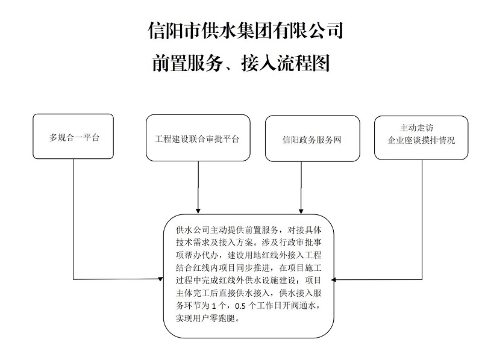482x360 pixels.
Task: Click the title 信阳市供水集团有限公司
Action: tap(245, 30)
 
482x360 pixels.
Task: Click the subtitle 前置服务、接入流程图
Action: tap(242, 63)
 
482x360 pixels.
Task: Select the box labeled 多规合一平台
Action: tap(74, 137)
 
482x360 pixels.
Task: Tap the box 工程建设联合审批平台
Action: tap(198, 138)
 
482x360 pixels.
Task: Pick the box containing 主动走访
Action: tap(421, 138)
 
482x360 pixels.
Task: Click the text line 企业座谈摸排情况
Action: tap(421, 140)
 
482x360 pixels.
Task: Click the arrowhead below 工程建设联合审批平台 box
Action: tap(198, 208)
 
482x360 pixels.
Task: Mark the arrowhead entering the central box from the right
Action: tap(336, 279)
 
